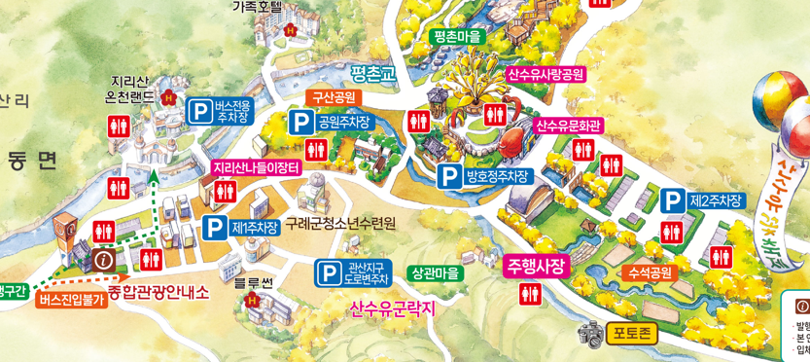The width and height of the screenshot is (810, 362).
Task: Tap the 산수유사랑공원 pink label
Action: click(546, 74)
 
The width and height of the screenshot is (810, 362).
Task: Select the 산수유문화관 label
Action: click(570, 126)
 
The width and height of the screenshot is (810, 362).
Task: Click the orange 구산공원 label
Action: click(335, 97)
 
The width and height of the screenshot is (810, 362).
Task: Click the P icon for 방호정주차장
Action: click(449, 176)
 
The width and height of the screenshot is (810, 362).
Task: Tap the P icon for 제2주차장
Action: click(672, 200)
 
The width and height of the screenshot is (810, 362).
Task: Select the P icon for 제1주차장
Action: click(215, 227)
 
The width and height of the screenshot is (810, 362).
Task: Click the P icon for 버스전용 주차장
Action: click(198, 110)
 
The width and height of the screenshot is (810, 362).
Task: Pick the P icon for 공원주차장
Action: click(300, 123)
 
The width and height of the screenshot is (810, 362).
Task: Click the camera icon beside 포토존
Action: click(590, 335)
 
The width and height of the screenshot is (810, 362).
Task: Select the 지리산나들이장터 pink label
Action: click(257, 167)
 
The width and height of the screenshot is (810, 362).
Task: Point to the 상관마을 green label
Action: click(434, 273)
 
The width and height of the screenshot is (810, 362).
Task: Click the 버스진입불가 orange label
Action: click(71, 300)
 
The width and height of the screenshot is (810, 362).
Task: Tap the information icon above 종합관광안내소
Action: click(104, 260)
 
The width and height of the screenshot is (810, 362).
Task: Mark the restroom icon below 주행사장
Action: click(530, 295)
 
